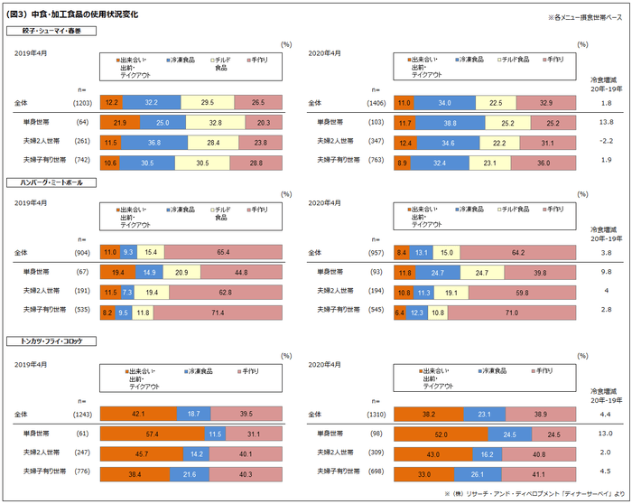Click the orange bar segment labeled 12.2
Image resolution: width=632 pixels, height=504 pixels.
tap(111, 103)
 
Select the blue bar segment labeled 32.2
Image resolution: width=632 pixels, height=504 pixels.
tap(151, 103)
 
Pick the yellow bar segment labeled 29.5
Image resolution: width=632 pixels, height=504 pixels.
tap(208, 103)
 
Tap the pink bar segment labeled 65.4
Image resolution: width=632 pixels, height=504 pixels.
tap(222, 253)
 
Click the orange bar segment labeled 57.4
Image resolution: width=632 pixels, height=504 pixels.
tap(153, 434)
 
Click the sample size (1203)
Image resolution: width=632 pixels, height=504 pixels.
tap(82, 104)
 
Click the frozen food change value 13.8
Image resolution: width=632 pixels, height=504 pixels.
tap(606, 122)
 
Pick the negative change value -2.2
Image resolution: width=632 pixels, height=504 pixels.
tap(606, 141)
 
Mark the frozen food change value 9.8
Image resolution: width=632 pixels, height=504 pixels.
tap(606, 272)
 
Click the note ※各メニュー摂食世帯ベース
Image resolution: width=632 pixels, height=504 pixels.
tap(584, 18)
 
